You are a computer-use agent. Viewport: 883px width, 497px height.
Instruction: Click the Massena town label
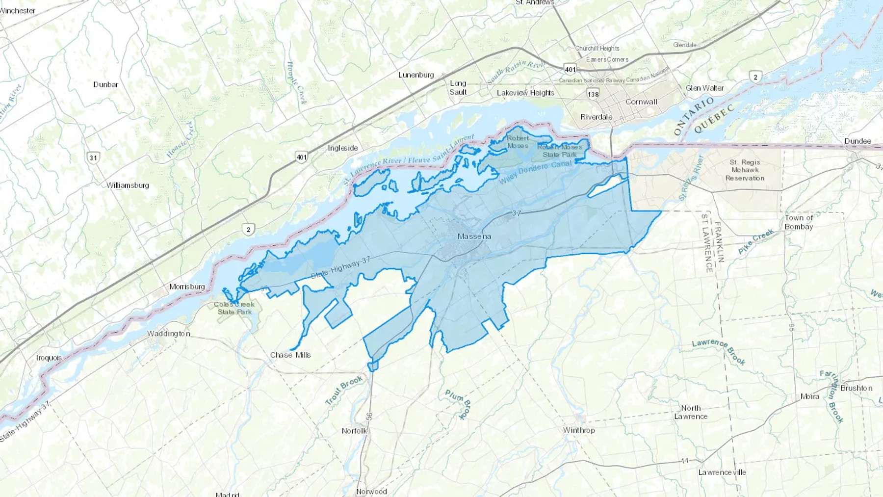coord(474,236)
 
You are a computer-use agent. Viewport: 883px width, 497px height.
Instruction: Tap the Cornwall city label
coord(641,102)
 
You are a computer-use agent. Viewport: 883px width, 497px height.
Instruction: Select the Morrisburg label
coord(187,287)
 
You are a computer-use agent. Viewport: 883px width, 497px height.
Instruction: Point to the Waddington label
coord(168,334)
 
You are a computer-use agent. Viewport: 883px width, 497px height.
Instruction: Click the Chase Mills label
coord(290,355)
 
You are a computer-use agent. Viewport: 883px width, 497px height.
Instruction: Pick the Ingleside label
coord(343,148)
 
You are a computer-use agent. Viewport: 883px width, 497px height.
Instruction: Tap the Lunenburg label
coord(416,75)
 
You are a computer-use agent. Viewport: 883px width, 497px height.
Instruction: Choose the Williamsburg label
coord(128,185)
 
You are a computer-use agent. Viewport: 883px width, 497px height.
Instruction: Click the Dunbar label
coord(105,84)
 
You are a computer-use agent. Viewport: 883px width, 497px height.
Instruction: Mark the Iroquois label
coord(49,358)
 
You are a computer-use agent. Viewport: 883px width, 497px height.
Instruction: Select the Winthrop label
coord(579,430)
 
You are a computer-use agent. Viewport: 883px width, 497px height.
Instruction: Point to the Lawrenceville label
coord(722,472)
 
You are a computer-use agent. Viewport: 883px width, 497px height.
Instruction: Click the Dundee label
coord(857,141)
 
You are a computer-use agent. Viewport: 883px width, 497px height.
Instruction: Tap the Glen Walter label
coord(704,88)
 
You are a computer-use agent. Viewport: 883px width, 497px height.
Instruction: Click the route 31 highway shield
coord(93,157)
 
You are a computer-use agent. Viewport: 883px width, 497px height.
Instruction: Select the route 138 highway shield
coord(593,94)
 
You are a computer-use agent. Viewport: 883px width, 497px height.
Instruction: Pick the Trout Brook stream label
coord(344,390)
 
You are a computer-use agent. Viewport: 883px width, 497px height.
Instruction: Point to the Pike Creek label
coord(755,241)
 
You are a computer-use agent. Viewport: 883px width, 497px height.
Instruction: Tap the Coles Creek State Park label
coord(234,308)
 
